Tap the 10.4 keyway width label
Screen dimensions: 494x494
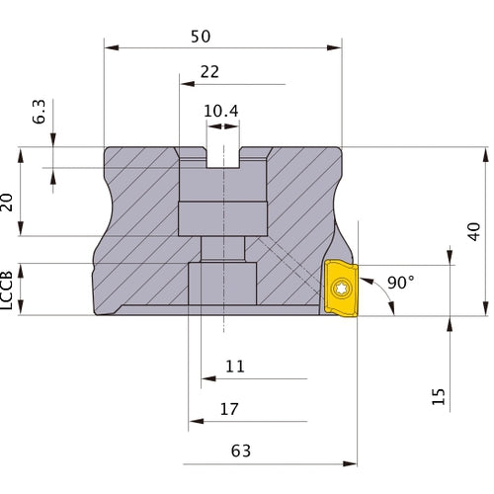[x=221, y=111]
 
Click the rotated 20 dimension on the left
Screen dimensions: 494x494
[x=9, y=203]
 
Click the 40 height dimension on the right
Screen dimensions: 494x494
[x=473, y=231]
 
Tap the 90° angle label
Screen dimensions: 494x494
[x=400, y=283]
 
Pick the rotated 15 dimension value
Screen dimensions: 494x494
[x=439, y=396]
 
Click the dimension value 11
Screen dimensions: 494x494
[x=234, y=366]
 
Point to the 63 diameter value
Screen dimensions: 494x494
[x=240, y=451]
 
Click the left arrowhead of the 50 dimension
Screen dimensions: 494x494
[x=109, y=46]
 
